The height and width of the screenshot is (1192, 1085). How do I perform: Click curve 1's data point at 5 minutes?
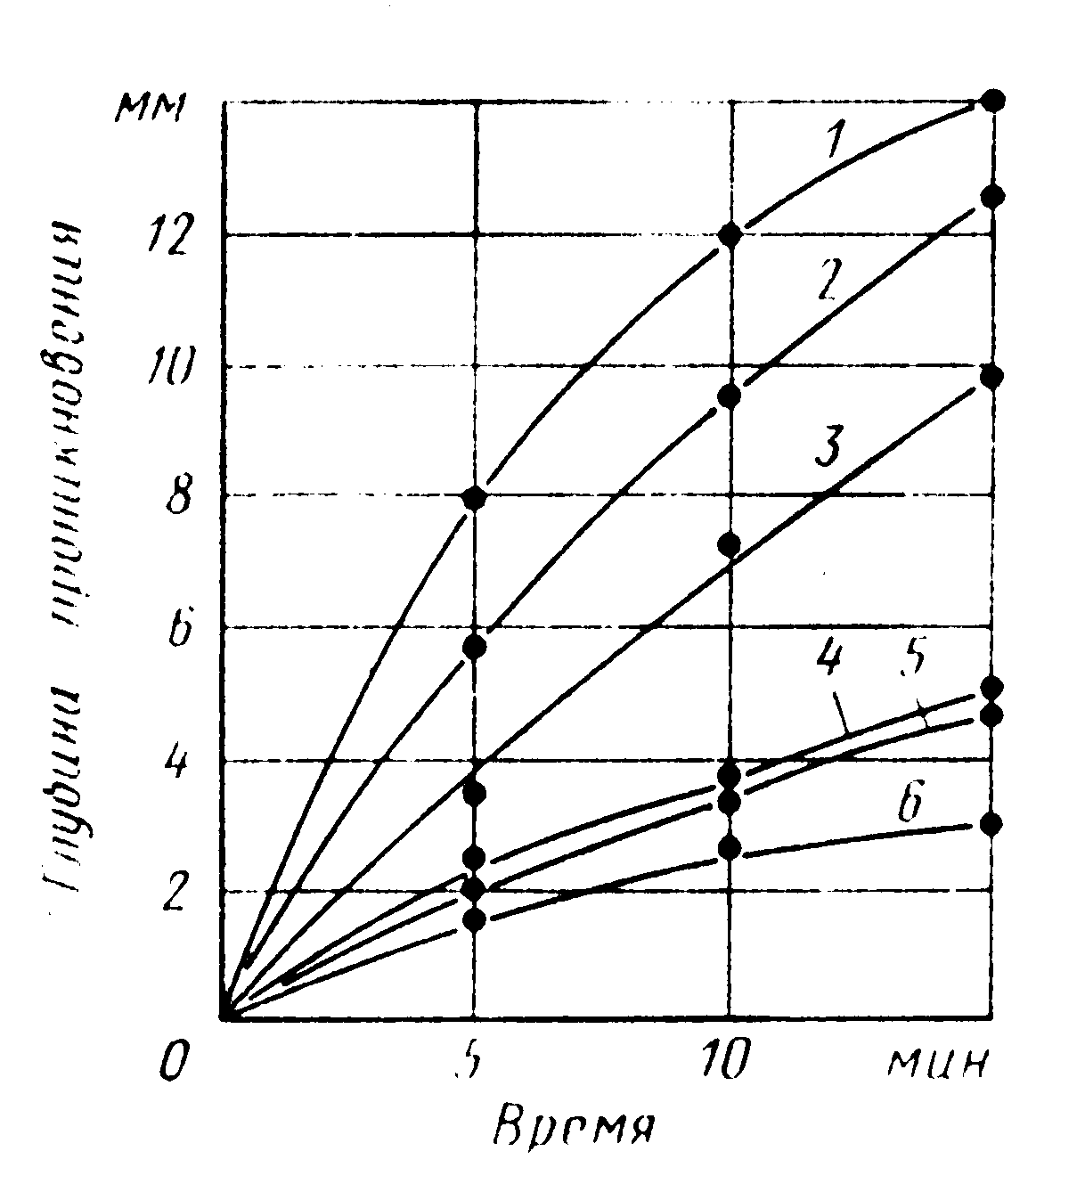(x=475, y=498)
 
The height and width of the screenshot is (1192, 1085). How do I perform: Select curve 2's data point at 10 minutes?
(x=730, y=395)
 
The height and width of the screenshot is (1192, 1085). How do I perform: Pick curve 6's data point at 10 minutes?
(x=730, y=847)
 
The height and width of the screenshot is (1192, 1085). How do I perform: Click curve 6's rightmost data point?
(x=991, y=824)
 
